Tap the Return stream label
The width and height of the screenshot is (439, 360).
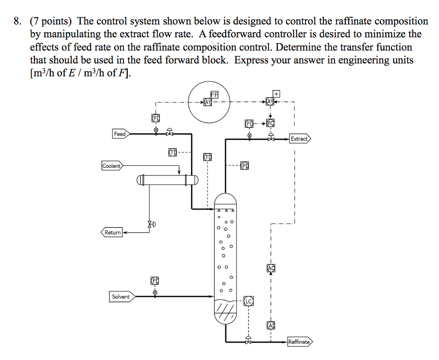112,232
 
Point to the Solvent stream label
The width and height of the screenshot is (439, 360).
120,296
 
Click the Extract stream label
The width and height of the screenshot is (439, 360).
299,139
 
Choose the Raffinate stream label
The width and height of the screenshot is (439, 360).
299,342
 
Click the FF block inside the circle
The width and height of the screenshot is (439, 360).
214,94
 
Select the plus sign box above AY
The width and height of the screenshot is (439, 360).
277,93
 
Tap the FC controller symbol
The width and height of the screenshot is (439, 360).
270,124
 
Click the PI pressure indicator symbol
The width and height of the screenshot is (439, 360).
245,166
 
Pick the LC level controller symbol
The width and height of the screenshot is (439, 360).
249,302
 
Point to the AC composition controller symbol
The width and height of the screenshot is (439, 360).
271,268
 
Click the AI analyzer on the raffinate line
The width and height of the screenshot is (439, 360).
271,325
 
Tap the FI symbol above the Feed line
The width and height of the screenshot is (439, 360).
155,118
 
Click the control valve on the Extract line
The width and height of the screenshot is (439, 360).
271,138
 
